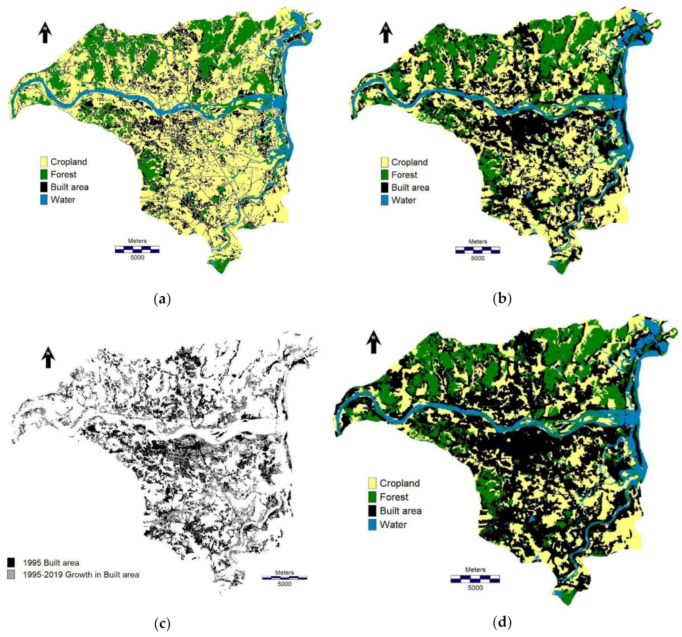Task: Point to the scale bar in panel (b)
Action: [478, 250]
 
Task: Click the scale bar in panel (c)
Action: [284, 578]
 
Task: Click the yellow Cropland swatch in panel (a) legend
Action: [43, 162]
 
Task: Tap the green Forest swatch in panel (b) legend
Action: [384, 175]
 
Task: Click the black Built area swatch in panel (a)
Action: [43, 187]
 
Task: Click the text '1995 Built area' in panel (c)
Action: [51, 563]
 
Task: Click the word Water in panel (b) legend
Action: [403, 200]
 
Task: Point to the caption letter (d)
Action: [502, 622]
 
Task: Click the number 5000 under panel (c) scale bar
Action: [284, 584]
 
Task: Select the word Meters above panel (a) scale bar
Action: [137, 241]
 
